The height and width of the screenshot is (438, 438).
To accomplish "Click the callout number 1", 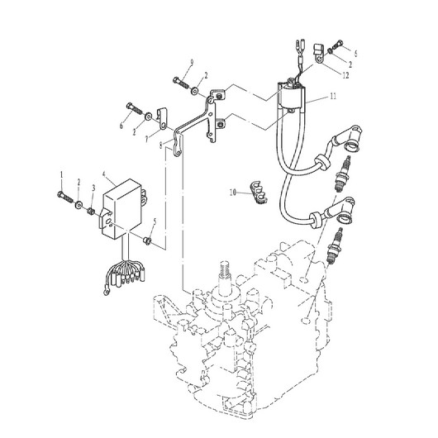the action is pos(62,175).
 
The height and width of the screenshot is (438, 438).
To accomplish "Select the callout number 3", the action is pos(93,188).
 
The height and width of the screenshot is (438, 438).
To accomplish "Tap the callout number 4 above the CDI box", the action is pos(104,174).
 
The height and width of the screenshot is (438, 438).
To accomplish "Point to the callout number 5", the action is pos(155,221).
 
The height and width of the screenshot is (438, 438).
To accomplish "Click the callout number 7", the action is pos(147,140).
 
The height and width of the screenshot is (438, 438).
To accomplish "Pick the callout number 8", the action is pos(160,145).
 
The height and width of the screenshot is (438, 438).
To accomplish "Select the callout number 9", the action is pos(192,63).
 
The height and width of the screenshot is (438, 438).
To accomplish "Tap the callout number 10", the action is pos(232,193).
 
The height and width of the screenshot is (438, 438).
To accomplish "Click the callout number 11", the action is pos(333,97).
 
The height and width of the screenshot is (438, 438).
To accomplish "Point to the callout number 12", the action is pos(345,75).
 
